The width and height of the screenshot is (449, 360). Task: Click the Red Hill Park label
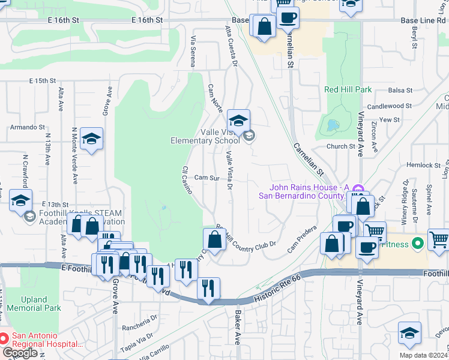[x=348, y=89]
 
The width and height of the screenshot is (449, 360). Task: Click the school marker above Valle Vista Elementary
[x=238, y=121]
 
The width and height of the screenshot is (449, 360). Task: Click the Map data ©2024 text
[x=424, y=355]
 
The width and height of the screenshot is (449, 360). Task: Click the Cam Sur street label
[x=205, y=178]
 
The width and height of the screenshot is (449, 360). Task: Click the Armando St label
[x=28, y=127]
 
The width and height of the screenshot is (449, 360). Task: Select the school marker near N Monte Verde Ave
[x=91, y=139]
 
